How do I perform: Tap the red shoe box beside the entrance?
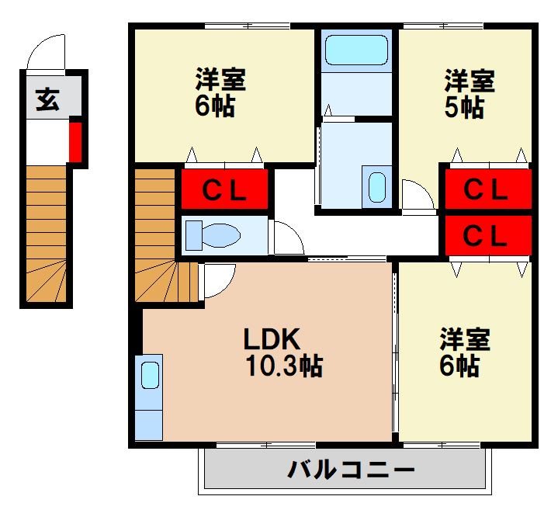[75, 141]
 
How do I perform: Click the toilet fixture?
[216, 234]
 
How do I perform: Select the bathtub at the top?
[356, 50]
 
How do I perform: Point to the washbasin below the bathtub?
[376, 186]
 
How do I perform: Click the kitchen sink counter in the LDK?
[148, 396]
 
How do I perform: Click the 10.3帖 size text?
[284, 365]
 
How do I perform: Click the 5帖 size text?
[464, 107]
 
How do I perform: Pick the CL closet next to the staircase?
[225, 189]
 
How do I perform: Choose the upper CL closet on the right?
[487, 189]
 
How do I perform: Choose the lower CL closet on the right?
[487, 234]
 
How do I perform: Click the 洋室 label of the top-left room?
[220, 81]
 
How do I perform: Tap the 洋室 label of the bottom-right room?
[465, 340]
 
